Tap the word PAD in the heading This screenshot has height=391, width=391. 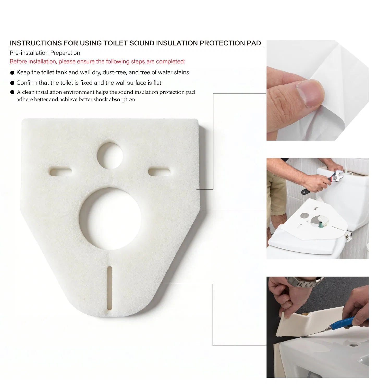(x=254, y=43)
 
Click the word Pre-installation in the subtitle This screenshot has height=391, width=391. (x=29, y=53)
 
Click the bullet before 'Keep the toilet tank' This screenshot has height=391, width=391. (x=12, y=73)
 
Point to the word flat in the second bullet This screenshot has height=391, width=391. (x=157, y=83)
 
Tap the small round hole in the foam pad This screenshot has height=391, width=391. (x=110, y=155)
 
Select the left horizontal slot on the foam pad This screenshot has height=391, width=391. (x=61, y=172)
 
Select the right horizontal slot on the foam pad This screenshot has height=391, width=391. (x=159, y=172)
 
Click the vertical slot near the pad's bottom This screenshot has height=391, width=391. (x=110, y=288)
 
